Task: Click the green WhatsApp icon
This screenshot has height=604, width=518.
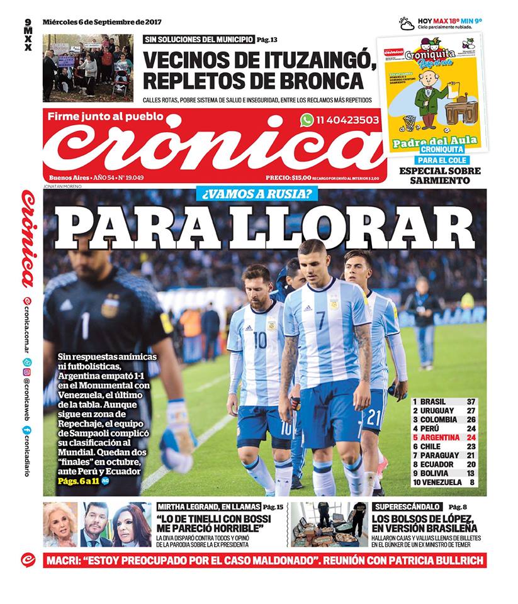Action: click(x=307, y=120)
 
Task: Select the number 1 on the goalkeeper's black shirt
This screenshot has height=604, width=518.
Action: click(x=85, y=325)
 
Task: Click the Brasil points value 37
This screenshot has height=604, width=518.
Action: click(x=471, y=401)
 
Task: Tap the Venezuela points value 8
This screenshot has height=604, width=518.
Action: click(x=471, y=483)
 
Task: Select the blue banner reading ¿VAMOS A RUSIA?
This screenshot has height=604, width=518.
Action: click(x=256, y=194)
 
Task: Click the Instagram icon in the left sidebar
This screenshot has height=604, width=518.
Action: click(x=27, y=372)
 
